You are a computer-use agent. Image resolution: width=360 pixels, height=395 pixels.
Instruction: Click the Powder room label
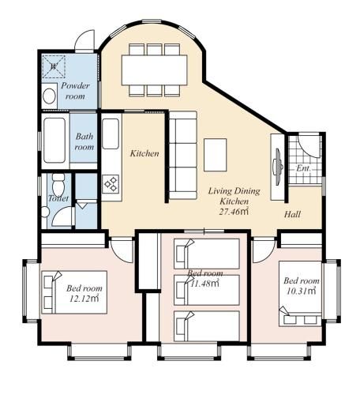coord(76,91)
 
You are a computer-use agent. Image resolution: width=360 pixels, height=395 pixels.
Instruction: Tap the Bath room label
coord(84,141)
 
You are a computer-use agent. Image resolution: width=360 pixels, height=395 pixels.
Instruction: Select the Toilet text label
coord(58,198)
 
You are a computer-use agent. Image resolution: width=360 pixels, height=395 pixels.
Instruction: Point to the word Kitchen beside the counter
coord(144,153)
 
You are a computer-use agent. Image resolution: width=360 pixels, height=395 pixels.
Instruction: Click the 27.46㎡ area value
coord(234,212)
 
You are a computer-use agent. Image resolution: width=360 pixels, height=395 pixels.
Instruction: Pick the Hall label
coord(292,214)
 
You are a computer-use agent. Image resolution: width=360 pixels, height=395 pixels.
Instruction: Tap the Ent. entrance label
coord(303,168)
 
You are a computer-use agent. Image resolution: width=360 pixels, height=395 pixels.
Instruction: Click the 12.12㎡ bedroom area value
coord(84,299)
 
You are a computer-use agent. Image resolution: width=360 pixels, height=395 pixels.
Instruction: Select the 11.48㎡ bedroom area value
coord(205,284)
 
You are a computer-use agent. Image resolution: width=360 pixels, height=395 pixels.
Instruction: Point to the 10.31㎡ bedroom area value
coord(301,291)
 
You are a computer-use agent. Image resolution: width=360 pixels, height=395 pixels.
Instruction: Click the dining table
coord(155,70)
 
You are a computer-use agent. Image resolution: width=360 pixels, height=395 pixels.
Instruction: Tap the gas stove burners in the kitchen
coord(111,183)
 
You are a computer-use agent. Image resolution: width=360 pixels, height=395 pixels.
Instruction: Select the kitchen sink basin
coord(111,134)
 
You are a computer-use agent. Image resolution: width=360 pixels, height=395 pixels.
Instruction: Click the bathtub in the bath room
coord(54,141)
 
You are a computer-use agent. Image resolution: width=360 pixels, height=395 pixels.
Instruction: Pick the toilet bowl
coord(58,185)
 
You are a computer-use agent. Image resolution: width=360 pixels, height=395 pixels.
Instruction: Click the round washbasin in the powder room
coord(49,96)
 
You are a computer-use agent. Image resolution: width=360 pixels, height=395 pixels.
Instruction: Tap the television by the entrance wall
coord(278,167)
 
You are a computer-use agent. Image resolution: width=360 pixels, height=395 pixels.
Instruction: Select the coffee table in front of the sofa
coord(216,155)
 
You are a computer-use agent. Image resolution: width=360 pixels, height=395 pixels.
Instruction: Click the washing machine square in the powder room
coord(54,66)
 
